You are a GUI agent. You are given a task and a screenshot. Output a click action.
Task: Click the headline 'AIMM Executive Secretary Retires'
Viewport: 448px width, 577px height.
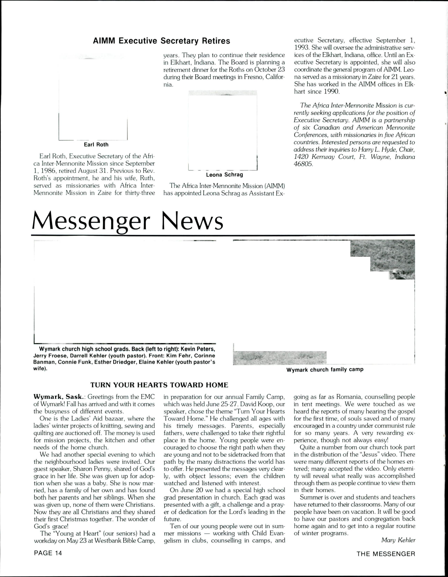(161, 41)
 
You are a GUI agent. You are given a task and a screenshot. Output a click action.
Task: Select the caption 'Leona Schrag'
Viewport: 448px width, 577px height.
(225, 175)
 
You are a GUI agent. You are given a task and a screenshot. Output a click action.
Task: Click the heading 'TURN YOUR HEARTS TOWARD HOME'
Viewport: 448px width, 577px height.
(159, 385)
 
